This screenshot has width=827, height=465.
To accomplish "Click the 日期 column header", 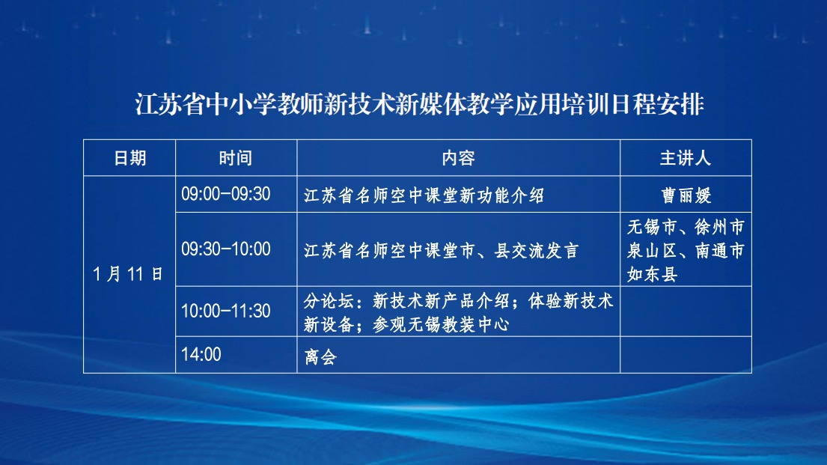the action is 129,158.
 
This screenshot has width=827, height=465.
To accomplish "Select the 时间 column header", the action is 236,158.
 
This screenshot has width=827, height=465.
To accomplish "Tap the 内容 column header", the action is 458,158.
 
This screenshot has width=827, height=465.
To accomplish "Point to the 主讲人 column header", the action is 686,158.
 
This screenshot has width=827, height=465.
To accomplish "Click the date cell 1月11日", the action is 127,274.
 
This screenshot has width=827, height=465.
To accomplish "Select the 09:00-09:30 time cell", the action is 226,194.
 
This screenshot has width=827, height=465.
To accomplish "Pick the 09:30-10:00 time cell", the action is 226,249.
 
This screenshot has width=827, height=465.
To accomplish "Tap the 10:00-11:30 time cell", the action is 226,311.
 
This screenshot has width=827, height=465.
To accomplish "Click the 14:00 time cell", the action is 201,354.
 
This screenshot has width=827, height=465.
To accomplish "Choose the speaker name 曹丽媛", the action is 686,196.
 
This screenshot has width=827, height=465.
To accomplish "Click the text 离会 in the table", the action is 320,357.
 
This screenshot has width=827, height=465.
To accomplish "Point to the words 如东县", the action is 652,275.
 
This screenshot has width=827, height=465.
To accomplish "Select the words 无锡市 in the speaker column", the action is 652,227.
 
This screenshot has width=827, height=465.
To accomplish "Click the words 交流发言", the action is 545,251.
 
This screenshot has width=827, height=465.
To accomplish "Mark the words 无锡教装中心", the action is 458,325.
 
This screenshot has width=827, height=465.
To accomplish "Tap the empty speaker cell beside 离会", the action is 686,355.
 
